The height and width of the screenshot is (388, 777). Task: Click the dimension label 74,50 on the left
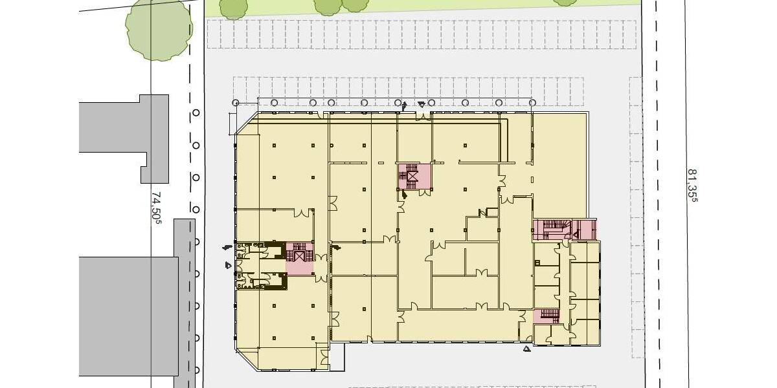(x=156, y=206)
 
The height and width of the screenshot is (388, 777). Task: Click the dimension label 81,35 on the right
(x=692, y=186)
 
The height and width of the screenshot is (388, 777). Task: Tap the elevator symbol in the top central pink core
(x=412, y=175)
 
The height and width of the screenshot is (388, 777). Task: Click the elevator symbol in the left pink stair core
(x=299, y=256)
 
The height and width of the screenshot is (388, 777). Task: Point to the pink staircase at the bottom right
(x=547, y=316)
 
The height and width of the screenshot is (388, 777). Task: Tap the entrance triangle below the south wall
(x=527, y=349)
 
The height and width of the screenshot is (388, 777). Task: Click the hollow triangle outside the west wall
(x=228, y=264)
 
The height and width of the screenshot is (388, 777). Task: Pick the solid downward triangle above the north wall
(x=422, y=104)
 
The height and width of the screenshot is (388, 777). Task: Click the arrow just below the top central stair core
(x=404, y=193)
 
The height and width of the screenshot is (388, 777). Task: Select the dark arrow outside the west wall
(x=226, y=247)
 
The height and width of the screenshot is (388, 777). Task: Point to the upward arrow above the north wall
(x=405, y=105)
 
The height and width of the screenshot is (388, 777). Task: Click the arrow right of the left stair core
(x=335, y=247)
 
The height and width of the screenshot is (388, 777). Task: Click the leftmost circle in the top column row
(x=236, y=102)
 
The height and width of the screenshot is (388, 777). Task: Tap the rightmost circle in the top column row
(x=532, y=102)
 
